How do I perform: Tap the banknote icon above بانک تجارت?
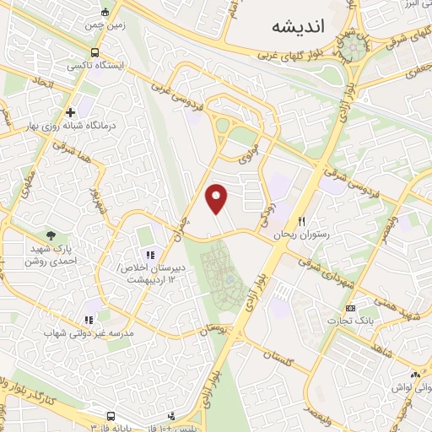351,308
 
